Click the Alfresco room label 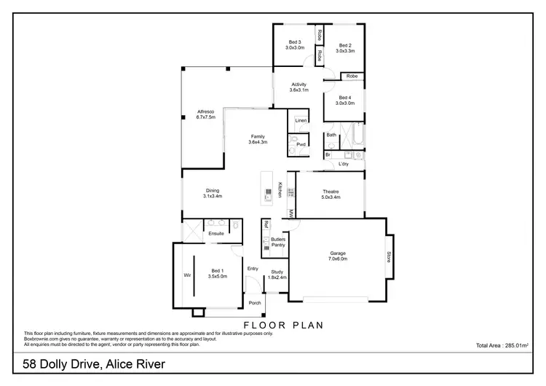pos(206,114)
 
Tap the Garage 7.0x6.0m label pos(337,256)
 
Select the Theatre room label pos(331,194)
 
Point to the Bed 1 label pos(218,273)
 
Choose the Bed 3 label pos(294,45)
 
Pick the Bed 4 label pos(344,101)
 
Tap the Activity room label pos(299,87)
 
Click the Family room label pos(258,139)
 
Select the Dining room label pos(213,193)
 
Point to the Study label pos(277,275)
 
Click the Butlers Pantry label pos(277,243)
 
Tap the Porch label pos(255,303)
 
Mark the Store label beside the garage pos(389,256)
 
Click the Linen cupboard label pos(301,121)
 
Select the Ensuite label pos(216,234)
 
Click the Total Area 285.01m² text pos(501,345)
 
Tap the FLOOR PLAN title pos(283,325)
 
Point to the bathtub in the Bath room pos(356,135)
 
